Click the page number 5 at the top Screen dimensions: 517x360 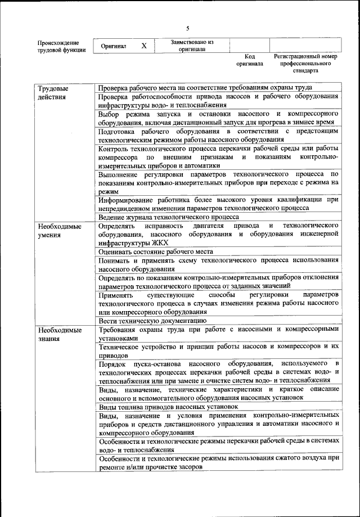[188, 29]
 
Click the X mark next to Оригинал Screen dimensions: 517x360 [144, 46]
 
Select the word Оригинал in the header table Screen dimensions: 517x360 [114, 46]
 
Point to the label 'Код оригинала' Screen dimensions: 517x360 [249, 61]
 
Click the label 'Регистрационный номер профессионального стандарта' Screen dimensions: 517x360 [305, 64]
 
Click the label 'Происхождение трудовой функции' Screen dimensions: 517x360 [61, 46]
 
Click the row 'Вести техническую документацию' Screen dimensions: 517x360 [150, 320]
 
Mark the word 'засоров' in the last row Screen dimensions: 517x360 [192, 467]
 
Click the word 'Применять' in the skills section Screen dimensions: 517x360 [116, 295]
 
